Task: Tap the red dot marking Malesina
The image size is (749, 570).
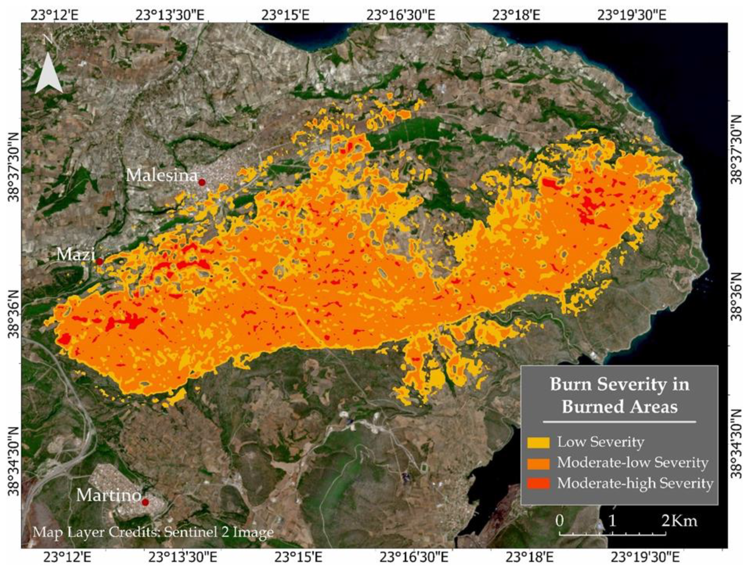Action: (202, 182)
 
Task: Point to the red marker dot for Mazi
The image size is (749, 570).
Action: (100, 262)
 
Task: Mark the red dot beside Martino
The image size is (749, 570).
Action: (145, 502)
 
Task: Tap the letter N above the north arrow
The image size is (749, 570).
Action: (48, 40)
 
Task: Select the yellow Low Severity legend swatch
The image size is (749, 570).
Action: (538, 442)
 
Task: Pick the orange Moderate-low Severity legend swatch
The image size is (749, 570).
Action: (538, 463)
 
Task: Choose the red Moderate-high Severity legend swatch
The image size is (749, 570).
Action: (538, 484)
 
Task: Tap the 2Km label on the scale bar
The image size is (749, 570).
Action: (679, 521)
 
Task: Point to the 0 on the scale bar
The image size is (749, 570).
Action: (560, 521)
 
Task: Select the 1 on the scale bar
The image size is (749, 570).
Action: (612, 521)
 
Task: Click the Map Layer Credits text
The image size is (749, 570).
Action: (153, 532)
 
